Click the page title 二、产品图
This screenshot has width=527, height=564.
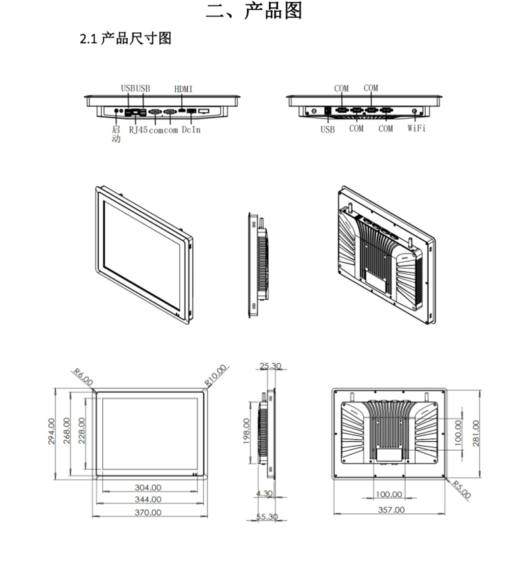(x=254, y=11)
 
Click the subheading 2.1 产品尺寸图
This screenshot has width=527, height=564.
(x=125, y=39)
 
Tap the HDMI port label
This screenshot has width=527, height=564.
(x=184, y=88)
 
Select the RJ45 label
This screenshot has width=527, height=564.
(x=138, y=130)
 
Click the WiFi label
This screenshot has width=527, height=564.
(x=416, y=128)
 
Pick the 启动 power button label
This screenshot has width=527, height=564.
(x=117, y=134)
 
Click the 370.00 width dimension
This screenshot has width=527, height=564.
(x=148, y=512)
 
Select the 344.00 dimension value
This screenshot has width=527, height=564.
(x=148, y=499)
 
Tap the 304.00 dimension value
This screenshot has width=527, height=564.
(x=148, y=488)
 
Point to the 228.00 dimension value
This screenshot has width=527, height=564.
(x=82, y=432)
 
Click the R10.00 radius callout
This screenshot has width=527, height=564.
(x=215, y=374)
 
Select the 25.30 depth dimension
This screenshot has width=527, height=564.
(x=270, y=366)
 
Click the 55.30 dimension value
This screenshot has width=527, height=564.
(x=267, y=517)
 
